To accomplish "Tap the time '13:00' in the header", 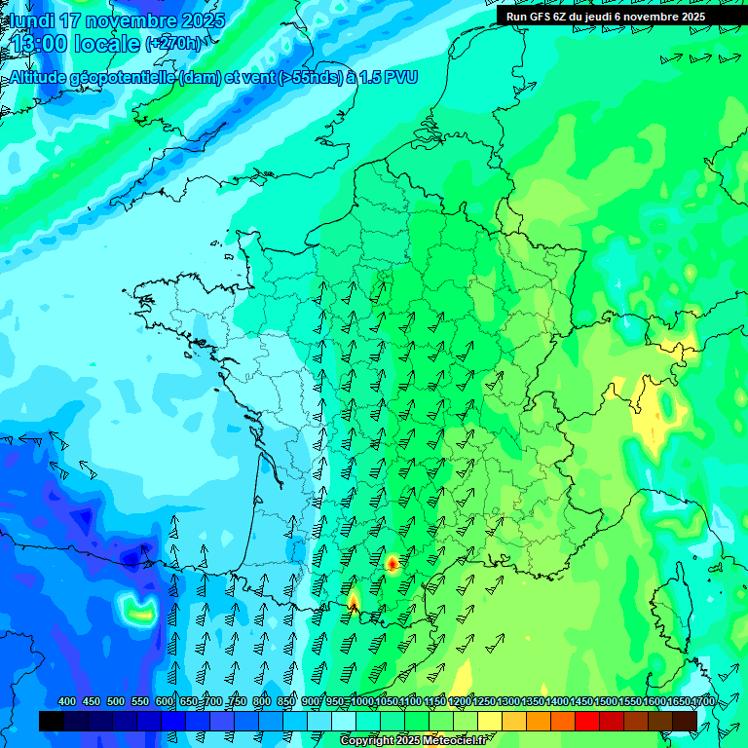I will (39, 44).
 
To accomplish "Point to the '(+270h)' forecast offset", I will (174, 44).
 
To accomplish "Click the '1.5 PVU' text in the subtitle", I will (389, 78).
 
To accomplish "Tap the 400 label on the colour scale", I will (67, 702).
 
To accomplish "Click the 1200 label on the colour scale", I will (459, 702).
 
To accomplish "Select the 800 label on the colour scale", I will (262, 702).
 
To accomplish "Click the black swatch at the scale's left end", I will (52, 721).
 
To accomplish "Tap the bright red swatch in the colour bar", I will (587, 721).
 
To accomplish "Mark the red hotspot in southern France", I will (393, 563).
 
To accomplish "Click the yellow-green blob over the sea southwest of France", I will (138, 611).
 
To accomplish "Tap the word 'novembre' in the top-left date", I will (123, 20).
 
